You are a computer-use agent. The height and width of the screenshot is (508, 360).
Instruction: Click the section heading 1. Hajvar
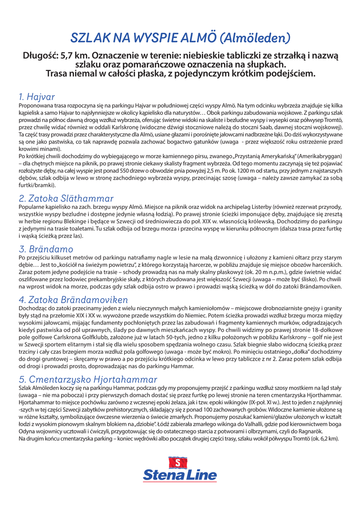(x=37, y=96)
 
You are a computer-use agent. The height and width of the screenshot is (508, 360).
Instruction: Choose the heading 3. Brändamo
(x=46, y=249)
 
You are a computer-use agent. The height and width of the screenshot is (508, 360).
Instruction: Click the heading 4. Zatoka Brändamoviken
(x=73, y=300)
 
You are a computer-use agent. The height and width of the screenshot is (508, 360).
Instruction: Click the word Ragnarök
(x=327, y=431)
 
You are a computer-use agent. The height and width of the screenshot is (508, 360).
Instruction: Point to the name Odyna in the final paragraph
(x=27, y=431)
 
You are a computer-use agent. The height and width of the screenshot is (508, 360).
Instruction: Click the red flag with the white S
(x=178, y=463)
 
